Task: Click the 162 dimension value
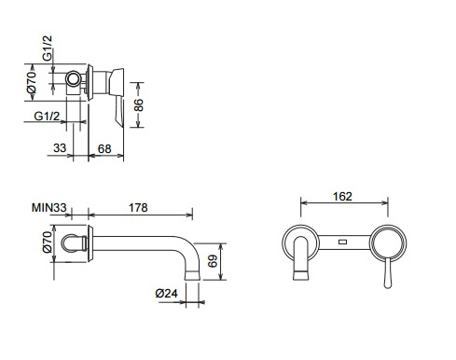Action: [342, 197]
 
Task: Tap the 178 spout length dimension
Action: [138, 207]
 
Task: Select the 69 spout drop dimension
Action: [213, 261]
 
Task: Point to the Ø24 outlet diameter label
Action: [167, 293]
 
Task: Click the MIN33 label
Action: [49, 207]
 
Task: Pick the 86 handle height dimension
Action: [139, 104]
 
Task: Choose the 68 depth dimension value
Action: [104, 149]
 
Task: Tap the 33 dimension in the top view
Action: [60, 148]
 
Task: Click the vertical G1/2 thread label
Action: [48, 48]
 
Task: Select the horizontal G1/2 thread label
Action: [47, 116]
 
